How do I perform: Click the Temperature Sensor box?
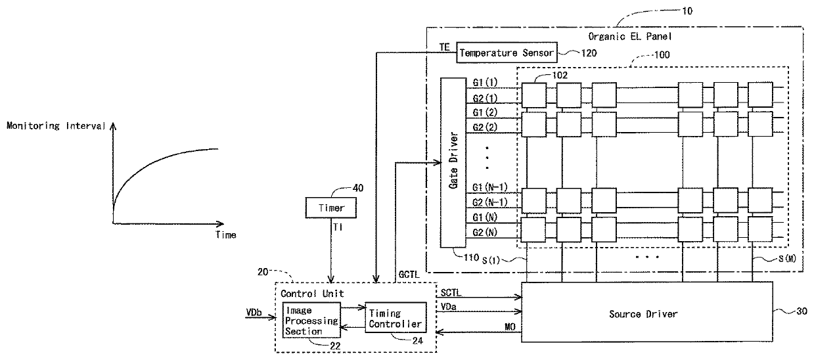pos(507,53)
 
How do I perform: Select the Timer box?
pos(330,208)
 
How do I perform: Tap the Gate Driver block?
pos(453,162)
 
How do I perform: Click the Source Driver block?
pos(647,312)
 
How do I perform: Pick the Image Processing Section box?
pos(311,321)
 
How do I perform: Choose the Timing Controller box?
pos(396,318)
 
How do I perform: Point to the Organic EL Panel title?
pos(630,36)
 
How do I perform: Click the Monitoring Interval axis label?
pos(56,126)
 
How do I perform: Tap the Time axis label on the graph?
pos(225,235)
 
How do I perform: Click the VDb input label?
pos(254,313)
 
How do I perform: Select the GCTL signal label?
pos(409,275)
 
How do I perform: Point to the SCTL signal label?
pos(451,293)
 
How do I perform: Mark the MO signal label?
pos(510,327)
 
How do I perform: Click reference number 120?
pos(589,53)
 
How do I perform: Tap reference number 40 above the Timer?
pos(358,188)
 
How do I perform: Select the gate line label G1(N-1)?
pos(489,187)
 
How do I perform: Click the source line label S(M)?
pos(787,259)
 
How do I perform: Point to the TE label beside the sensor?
pos(444,47)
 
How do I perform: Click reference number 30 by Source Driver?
pos(802,311)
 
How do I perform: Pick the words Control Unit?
pos(312,294)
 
